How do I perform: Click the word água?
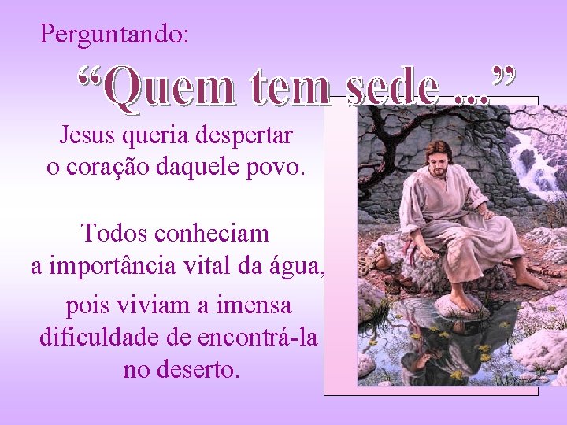coord(300,267)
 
